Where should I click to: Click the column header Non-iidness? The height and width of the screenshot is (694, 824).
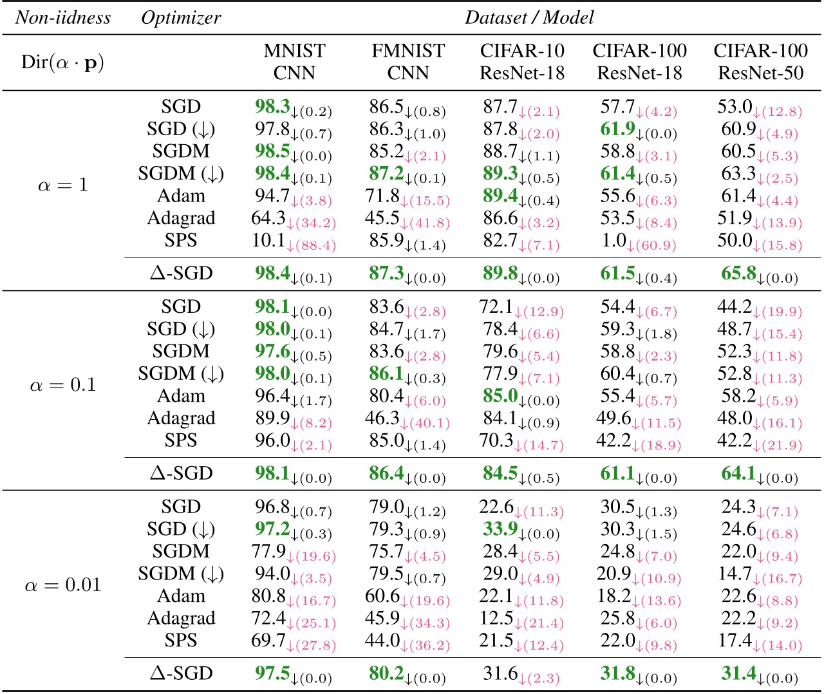63,17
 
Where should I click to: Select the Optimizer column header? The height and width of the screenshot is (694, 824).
181,17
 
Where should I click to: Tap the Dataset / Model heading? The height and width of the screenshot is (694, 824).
529,17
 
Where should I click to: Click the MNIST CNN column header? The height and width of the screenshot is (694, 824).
294,62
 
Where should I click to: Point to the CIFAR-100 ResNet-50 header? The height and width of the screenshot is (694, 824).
760,62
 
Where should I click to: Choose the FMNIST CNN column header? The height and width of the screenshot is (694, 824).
408,62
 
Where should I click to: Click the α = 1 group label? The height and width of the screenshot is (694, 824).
63,185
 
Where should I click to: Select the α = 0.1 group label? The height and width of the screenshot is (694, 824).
63,385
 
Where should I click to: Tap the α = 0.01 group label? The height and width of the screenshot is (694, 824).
63,585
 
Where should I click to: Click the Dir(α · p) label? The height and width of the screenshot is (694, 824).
63,62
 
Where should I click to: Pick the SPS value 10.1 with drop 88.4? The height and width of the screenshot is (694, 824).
294,241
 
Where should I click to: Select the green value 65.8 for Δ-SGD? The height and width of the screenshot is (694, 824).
760,274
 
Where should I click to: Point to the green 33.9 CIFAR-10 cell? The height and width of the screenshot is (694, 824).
521,530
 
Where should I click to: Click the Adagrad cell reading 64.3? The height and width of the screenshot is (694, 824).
294,219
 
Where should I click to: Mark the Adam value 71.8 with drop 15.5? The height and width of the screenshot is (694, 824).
407,197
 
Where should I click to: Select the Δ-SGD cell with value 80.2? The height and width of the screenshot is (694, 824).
407,674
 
